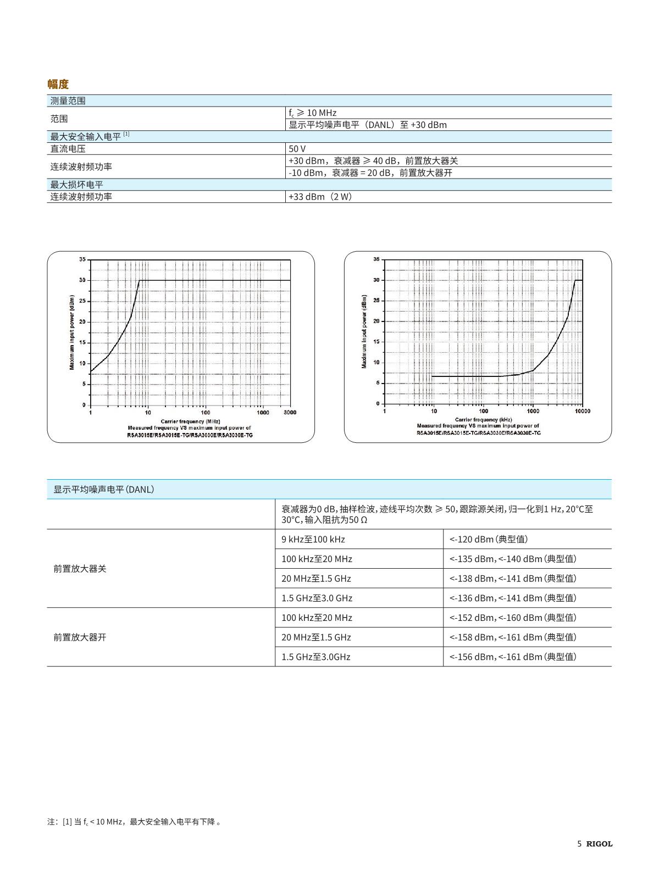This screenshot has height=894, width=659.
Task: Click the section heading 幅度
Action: click(58, 84)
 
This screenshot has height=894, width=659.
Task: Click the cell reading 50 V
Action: click(297, 149)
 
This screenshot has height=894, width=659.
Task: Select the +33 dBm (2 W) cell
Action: click(320, 197)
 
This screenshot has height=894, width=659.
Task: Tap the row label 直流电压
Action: click(68, 149)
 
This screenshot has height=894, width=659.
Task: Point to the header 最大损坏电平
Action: click(77, 185)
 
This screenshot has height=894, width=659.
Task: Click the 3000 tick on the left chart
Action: click(290, 413)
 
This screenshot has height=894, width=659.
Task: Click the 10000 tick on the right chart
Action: click(582, 411)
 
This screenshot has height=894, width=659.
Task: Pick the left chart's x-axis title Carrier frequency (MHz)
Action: click(190, 421)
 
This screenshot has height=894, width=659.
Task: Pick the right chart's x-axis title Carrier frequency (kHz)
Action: click(483, 420)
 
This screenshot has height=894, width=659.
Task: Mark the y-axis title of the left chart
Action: click(72, 332)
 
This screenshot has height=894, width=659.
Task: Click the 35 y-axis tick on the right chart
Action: click(376, 259)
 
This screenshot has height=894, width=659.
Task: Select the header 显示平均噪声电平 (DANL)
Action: click(103, 489)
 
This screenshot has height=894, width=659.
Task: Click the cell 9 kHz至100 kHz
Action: click(313, 539)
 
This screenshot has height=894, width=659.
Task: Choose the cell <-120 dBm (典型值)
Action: click(489, 539)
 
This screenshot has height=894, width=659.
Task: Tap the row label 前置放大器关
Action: click(80, 569)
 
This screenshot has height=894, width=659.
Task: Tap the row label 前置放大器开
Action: click(80, 637)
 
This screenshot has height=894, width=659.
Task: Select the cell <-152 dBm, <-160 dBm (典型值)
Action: click(513, 618)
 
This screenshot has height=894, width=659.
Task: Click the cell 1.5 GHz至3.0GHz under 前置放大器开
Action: click(316, 657)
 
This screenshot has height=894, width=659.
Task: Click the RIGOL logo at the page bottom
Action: click(599, 844)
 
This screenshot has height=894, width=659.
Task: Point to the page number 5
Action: click(579, 844)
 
